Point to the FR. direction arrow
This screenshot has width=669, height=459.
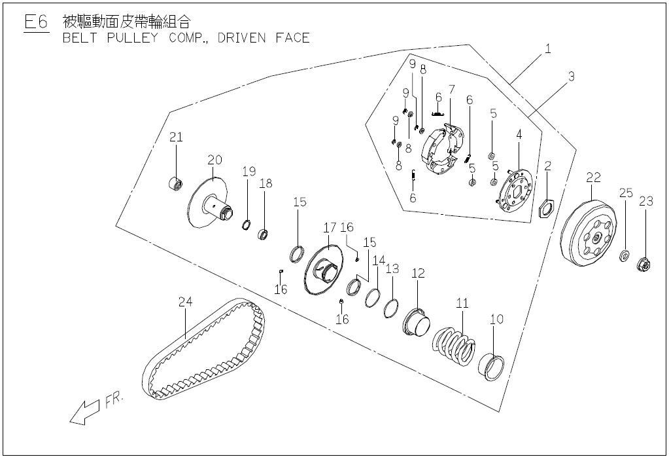click(84, 413)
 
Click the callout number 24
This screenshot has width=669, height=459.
click(185, 302)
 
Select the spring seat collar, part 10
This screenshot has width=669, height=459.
click(490, 367)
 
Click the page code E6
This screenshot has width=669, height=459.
click(36, 22)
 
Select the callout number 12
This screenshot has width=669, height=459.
click(418, 273)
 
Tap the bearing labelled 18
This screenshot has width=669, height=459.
click(264, 234)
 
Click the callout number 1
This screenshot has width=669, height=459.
click(548, 49)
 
